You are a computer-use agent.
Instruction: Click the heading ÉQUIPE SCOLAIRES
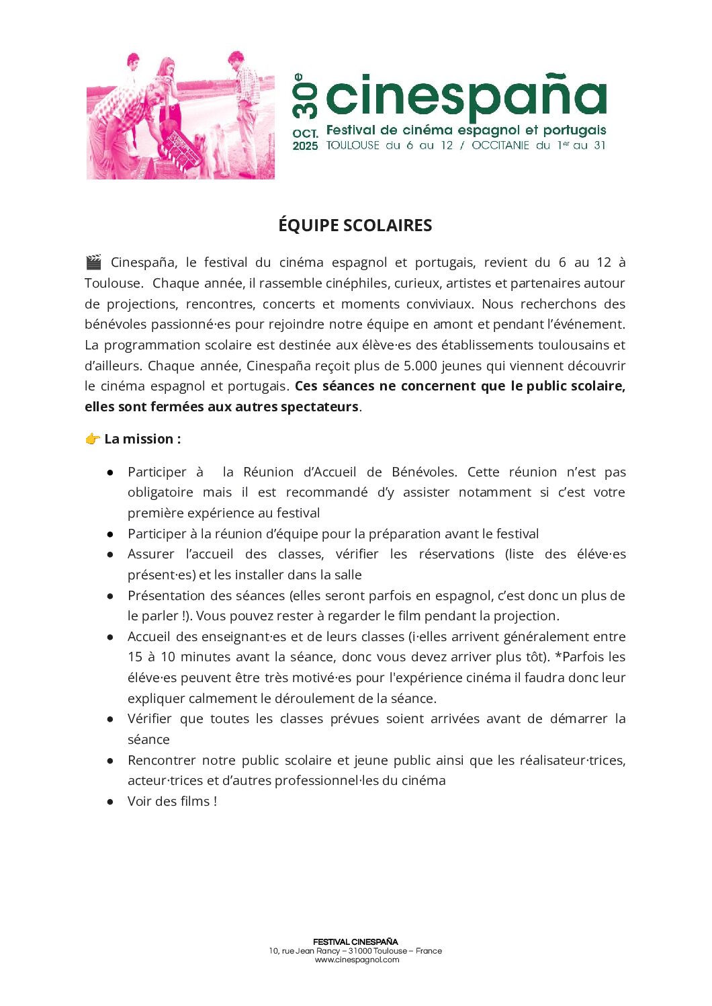[x=355, y=226]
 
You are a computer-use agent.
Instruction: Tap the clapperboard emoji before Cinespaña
[x=93, y=262]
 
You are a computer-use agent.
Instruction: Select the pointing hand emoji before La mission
[x=92, y=439]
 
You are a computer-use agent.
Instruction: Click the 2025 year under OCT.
[x=305, y=146]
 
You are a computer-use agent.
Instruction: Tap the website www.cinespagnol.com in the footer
[x=357, y=960]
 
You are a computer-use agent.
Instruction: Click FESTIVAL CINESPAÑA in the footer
[x=355, y=941]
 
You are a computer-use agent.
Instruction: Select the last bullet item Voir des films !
[x=172, y=801]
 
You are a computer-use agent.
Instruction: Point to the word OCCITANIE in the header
[x=500, y=145]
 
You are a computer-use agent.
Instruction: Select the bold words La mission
[x=142, y=439]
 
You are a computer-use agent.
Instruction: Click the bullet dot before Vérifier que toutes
[x=110, y=719]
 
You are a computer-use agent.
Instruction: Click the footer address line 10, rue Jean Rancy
[x=355, y=951]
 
